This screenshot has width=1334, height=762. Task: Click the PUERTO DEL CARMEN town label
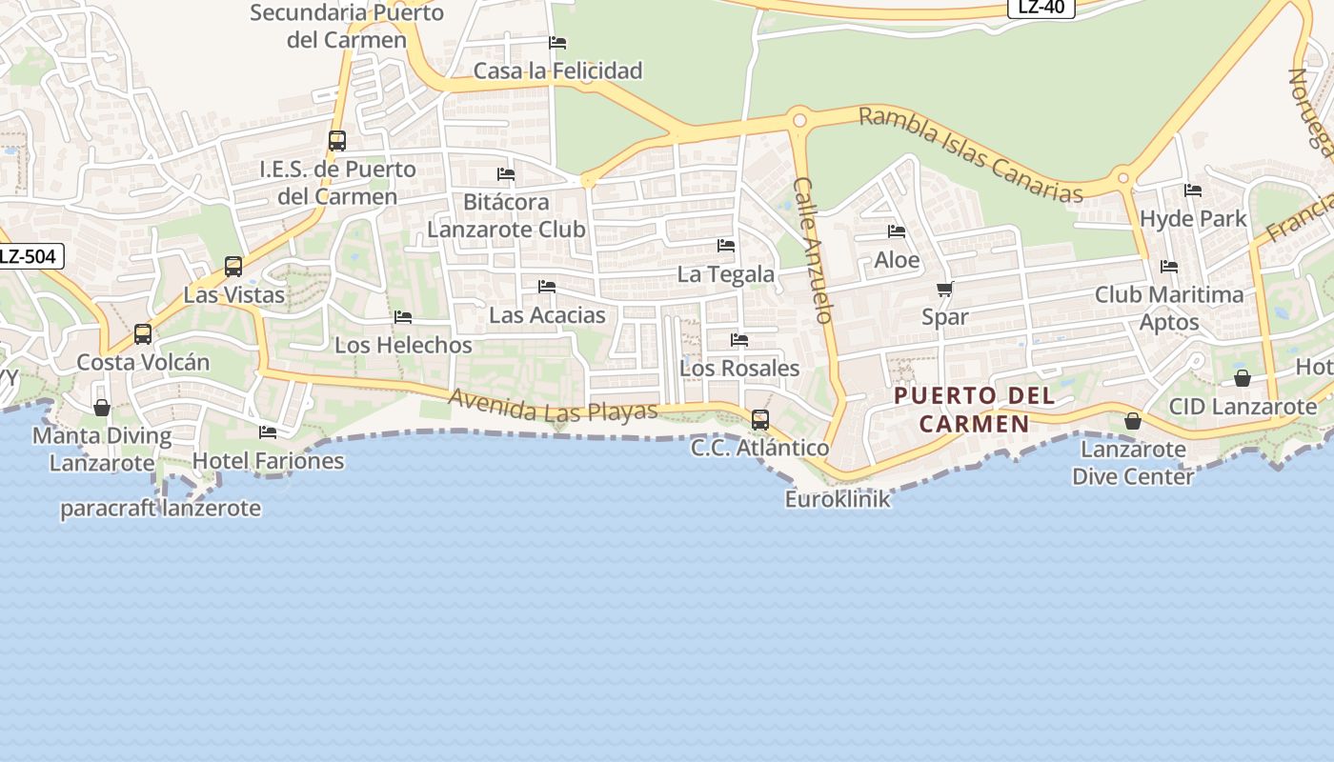[975, 410]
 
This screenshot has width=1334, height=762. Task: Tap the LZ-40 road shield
[1041, 8]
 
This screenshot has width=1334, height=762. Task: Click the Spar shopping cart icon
[944, 289]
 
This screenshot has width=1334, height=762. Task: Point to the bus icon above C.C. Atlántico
[760, 419]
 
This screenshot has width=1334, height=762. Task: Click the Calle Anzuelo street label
[814, 251]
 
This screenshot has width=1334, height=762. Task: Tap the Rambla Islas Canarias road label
[971, 154]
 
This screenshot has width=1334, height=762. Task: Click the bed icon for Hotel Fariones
[268, 432]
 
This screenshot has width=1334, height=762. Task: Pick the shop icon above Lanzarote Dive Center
[1133, 420]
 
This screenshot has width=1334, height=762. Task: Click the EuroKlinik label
[838, 498]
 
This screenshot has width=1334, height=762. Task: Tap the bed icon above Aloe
[897, 231]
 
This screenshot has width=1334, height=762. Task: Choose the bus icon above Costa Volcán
[143, 334]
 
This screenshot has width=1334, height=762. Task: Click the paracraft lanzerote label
[160, 508]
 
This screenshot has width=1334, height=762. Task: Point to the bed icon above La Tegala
[726, 246]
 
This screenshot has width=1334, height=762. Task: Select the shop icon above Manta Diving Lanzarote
[102, 408]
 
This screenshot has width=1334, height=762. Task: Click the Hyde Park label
[1193, 218]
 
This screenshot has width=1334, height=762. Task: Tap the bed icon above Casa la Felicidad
[557, 43]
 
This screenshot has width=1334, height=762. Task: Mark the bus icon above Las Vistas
[233, 267]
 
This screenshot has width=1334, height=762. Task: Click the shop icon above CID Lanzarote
[1243, 378]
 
